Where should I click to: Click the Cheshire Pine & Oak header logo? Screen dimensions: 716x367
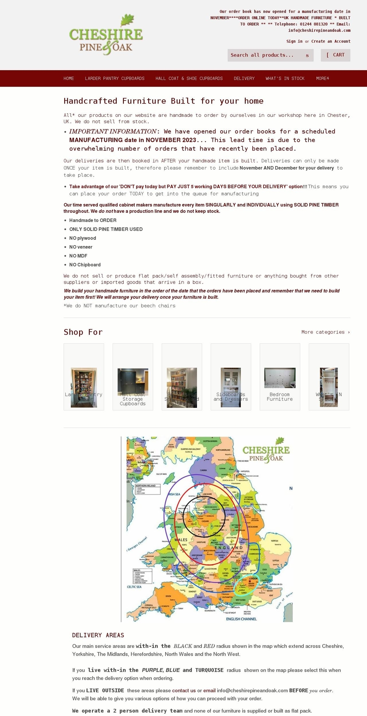click(106, 35)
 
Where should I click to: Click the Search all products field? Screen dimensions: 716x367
click(266, 55)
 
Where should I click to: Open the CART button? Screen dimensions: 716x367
click(335, 55)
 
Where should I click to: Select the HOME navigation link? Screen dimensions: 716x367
click(69, 78)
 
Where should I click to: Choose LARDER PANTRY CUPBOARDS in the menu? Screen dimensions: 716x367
click(115, 78)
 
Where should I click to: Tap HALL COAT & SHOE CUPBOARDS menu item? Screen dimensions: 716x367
click(189, 78)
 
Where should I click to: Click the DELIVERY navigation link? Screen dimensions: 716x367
click(244, 78)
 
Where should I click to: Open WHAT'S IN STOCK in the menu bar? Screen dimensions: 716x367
click(285, 78)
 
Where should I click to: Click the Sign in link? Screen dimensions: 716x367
click(294, 41)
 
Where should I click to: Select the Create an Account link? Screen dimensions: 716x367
click(331, 41)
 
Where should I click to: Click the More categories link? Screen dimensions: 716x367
click(325, 332)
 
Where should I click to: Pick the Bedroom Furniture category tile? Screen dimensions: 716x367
click(279, 377)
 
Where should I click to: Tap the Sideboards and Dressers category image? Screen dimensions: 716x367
click(231, 386)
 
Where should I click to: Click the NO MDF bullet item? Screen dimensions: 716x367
click(78, 256)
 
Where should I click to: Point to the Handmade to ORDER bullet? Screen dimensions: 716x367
click(93, 220)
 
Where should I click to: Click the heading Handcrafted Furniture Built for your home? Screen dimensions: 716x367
click(163, 101)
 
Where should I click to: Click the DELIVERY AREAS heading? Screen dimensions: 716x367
click(98, 635)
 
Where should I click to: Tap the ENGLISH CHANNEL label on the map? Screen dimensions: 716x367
click(241, 619)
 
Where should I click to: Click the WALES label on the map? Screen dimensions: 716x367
click(181, 540)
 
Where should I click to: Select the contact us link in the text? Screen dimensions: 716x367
click(184, 690)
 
